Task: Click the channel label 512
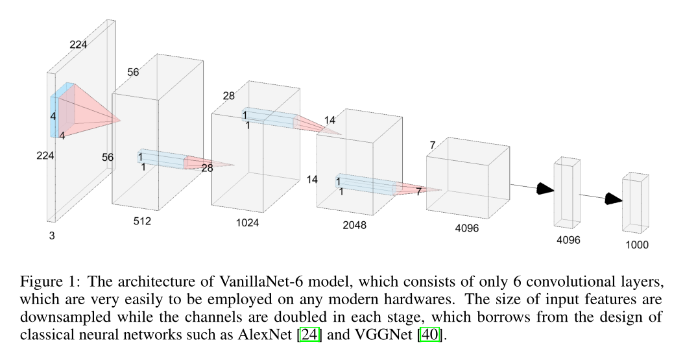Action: click(142, 221)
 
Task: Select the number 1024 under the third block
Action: click(248, 222)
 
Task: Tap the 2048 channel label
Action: click(354, 225)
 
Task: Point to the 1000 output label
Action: click(636, 245)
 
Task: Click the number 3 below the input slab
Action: click(52, 236)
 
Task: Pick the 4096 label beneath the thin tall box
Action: click(568, 240)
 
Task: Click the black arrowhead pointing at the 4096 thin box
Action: click(546, 189)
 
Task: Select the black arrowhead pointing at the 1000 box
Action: click(613, 198)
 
